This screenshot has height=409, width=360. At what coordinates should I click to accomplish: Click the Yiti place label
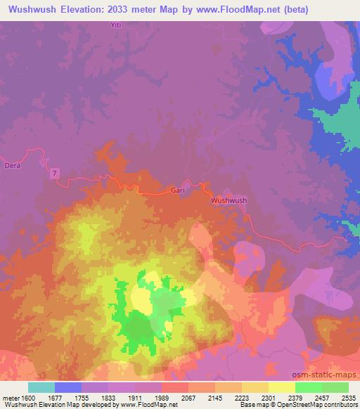117,25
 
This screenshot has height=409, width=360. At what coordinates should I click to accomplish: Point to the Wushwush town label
229,200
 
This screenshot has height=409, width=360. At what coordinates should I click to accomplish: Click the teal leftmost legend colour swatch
41,387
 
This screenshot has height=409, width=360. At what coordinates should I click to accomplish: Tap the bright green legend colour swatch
308,387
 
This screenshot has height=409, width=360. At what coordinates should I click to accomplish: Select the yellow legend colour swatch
281,387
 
